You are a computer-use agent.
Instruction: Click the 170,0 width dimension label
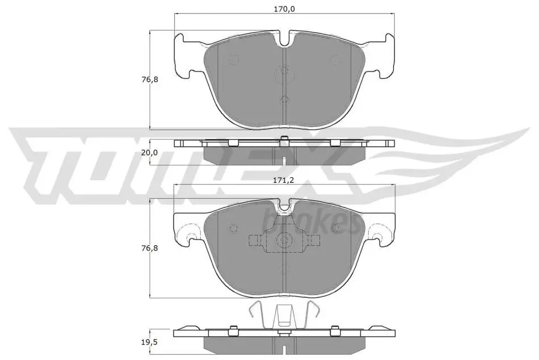tap(284, 9)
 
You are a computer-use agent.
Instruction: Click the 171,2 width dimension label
tap(284, 179)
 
